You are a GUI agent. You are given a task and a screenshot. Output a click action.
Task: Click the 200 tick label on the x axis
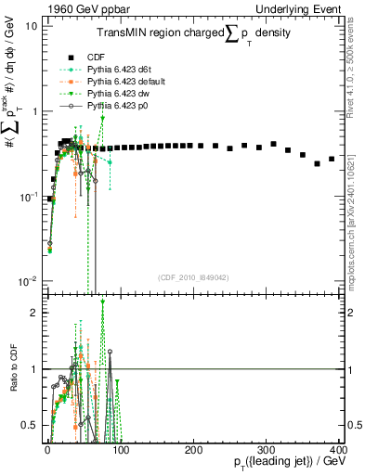[x=193, y=449]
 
